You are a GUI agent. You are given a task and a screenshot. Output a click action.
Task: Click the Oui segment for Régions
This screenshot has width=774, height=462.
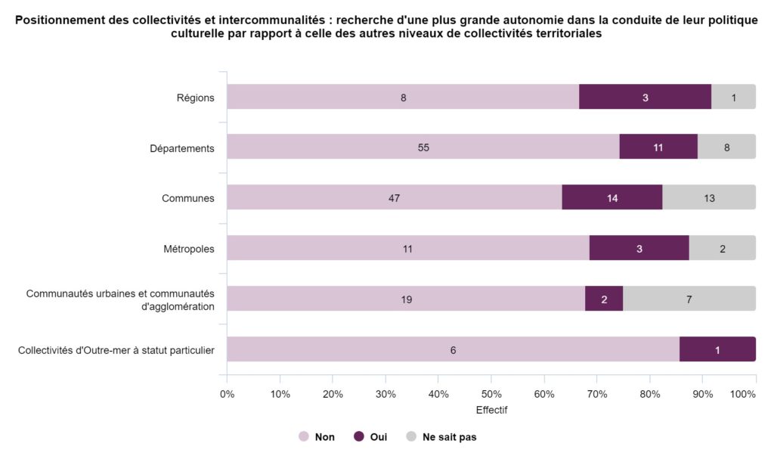645,97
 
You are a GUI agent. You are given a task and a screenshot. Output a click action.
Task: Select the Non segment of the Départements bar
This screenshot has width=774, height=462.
423,147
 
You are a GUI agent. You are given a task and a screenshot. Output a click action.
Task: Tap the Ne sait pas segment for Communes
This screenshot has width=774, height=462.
708,198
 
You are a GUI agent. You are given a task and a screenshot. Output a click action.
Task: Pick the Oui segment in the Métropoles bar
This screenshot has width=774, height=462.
639,248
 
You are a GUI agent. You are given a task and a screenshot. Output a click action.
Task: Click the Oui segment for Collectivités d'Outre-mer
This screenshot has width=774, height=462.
717,349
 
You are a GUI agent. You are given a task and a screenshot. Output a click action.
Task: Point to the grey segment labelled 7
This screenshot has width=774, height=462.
689,299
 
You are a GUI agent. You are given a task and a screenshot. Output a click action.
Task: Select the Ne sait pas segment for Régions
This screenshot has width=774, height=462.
733,97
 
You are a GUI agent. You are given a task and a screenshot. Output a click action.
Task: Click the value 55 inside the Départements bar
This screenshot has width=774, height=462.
423,147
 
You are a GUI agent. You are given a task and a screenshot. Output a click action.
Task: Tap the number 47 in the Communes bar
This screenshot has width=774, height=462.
394,198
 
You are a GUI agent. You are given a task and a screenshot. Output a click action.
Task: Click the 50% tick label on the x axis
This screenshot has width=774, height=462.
491,394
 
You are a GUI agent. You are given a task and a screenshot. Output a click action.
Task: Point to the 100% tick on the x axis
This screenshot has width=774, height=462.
744,394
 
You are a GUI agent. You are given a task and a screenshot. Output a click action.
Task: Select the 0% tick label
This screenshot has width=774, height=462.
227,394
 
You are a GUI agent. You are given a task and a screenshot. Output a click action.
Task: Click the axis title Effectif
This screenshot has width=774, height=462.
491,411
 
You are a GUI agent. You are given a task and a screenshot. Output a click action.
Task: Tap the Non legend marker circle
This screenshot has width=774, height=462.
304,437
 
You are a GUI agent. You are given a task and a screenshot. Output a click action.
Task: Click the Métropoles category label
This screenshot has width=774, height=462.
189,248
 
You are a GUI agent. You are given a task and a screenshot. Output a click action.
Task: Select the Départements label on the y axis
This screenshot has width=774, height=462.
182,147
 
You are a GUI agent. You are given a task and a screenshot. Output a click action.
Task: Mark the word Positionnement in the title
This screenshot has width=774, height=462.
57,20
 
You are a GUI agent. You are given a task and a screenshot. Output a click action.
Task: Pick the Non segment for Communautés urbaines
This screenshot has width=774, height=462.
406,299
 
